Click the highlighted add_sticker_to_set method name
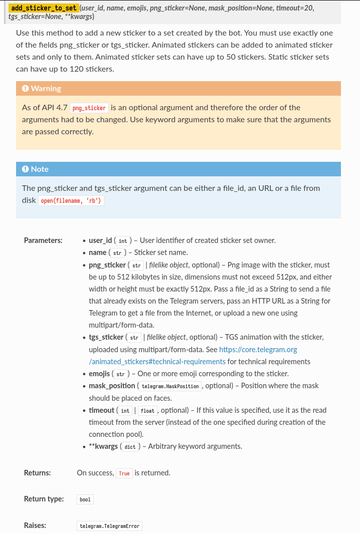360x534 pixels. (x=44, y=8)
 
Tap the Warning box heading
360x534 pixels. (x=46, y=89)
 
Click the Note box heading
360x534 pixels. (x=40, y=169)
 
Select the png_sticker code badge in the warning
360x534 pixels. (x=89, y=108)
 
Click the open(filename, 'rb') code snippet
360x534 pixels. (x=71, y=201)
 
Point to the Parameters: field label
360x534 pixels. (x=43, y=240)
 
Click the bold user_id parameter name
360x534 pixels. (x=100, y=240)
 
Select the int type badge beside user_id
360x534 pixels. (x=122, y=241)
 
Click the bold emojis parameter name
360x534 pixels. (x=99, y=374)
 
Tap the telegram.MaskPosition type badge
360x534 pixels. (x=170, y=386)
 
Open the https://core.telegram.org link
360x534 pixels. (x=258, y=349)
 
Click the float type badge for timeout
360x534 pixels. (x=147, y=411)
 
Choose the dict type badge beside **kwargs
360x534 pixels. (x=130, y=447)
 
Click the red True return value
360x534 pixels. (x=124, y=473)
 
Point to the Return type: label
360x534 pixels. (x=44, y=499)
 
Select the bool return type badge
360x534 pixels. (x=85, y=499)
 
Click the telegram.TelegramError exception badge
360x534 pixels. (x=110, y=526)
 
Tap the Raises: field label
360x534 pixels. (x=35, y=525)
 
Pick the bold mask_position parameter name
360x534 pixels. (x=112, y=386)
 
